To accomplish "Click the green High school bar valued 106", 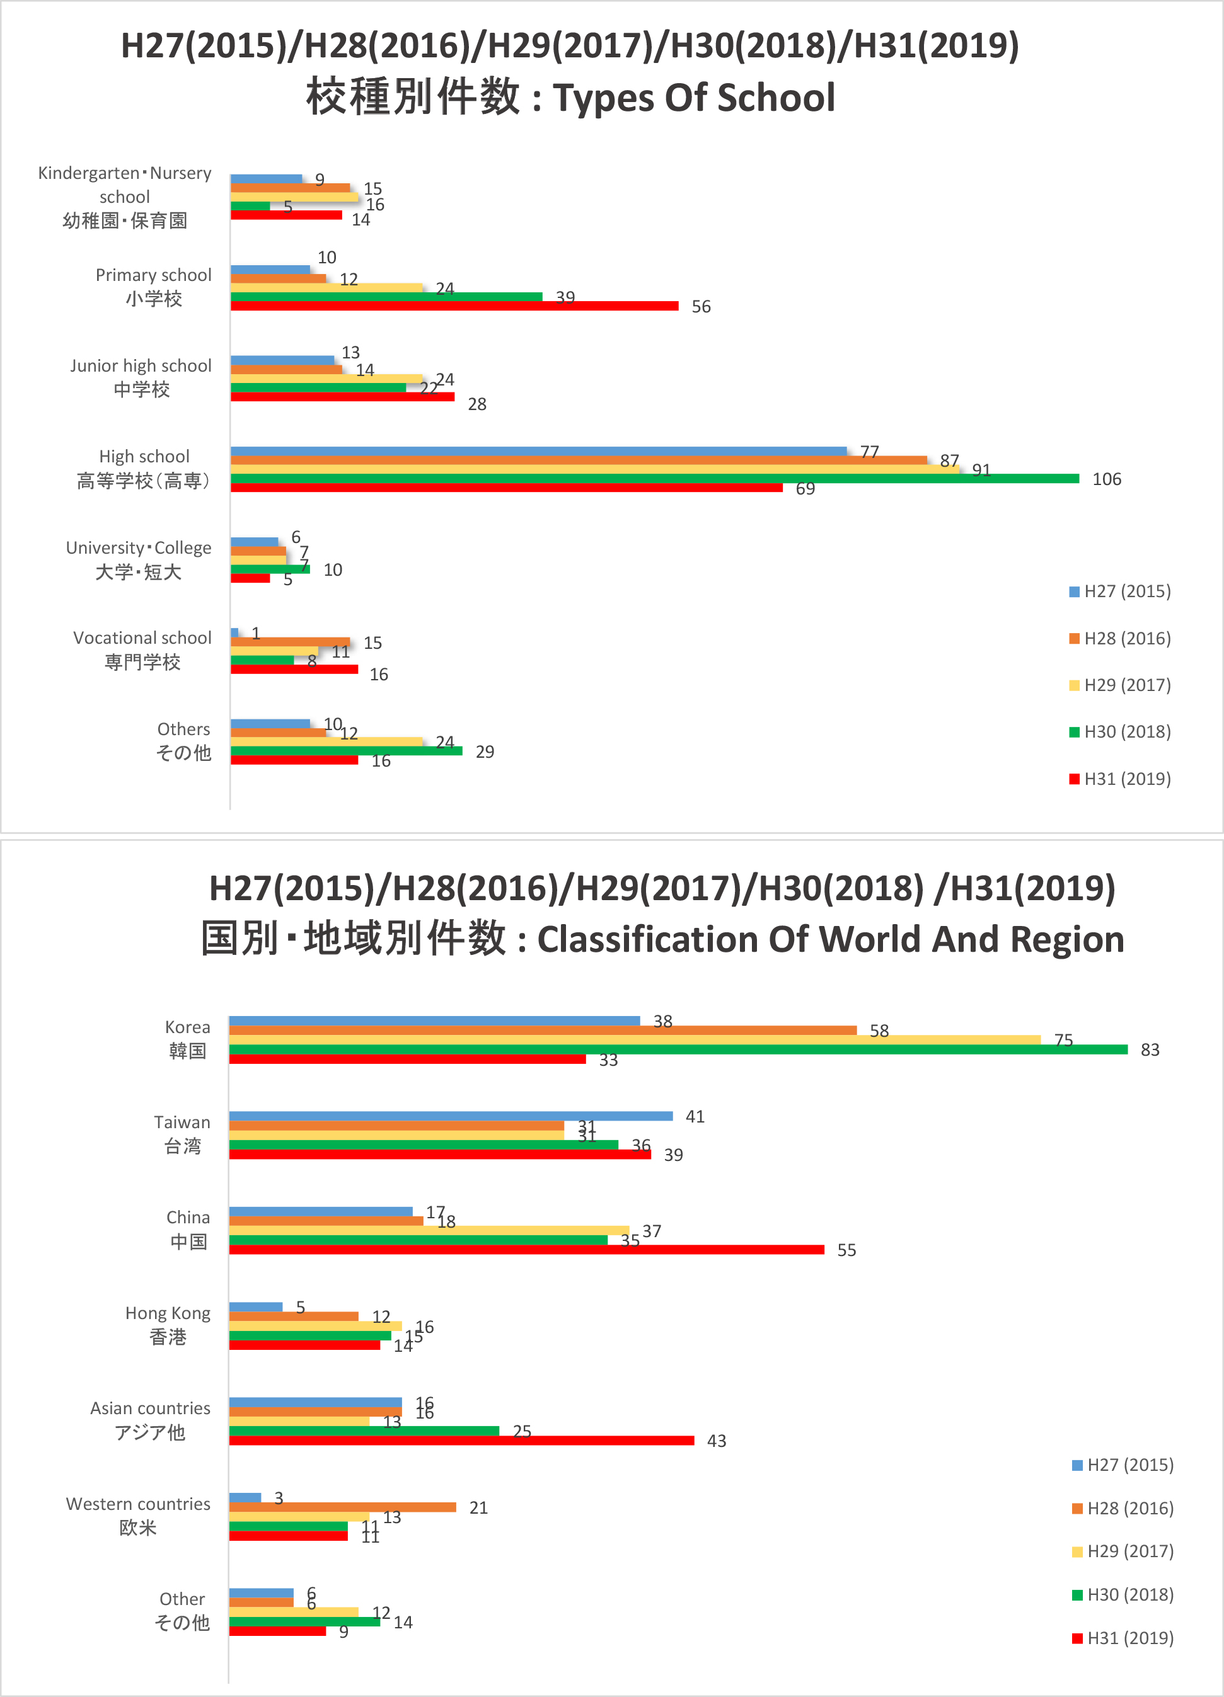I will coord(655,479).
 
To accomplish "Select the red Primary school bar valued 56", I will coord(454,306).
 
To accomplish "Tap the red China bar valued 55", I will coord(526,1250).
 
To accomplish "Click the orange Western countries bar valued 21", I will coord(342,1507).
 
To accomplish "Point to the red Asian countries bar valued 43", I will coord(461,1441).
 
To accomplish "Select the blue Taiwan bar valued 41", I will coord(451,1116).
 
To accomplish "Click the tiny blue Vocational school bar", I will coord(234,633).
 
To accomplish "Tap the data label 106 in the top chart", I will coord(1107,479).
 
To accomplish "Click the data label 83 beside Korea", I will coord(1149,1051).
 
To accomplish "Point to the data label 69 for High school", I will coord(805,489).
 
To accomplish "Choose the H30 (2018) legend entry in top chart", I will coord(1120,732).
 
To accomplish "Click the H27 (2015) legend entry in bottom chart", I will coord(1123,1465).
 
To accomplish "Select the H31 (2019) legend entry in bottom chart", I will coord(1123,1638).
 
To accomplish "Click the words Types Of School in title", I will coord(693,98).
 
